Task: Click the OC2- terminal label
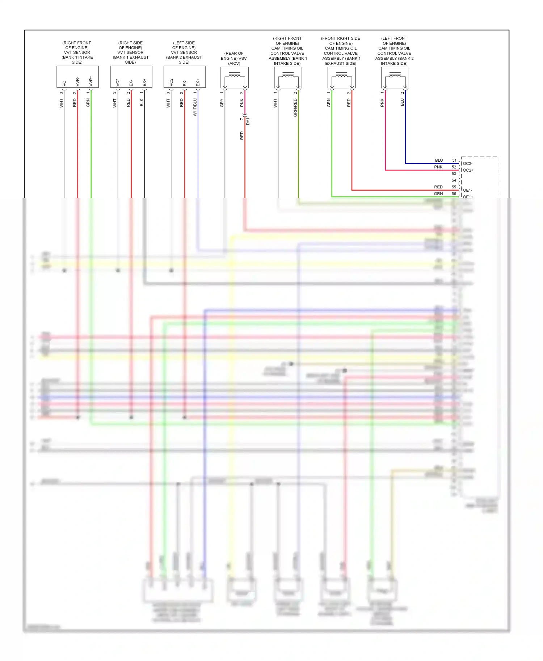coord(467,163)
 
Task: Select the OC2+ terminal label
coord(468,170)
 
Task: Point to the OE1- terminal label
coord(467,190)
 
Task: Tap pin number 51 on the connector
coord(454,160)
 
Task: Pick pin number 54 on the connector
coord(454,180)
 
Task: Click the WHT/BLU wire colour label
coord(195,107)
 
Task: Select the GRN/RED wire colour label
coord(295,108)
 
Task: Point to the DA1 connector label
coord(248,121)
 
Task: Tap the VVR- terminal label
coord(77,81)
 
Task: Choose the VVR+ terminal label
coord(91,81)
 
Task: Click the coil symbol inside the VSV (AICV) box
coord(235,75)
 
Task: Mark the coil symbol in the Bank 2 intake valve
coord(395,75)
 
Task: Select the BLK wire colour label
coord(142,102)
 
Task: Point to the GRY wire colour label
coord(222,103)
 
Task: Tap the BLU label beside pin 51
coord(439,160)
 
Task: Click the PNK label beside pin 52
coord(438,167)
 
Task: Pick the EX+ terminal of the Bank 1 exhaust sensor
coord(144,82)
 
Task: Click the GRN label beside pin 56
coord(438,194)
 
